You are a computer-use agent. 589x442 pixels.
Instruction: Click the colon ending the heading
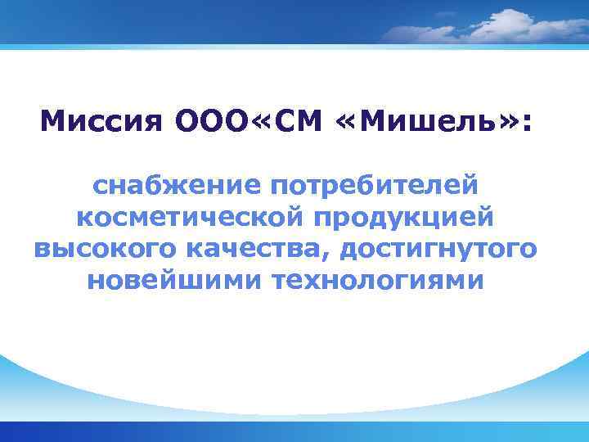526,124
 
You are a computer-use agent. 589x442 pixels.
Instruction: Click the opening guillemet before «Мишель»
348,124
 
